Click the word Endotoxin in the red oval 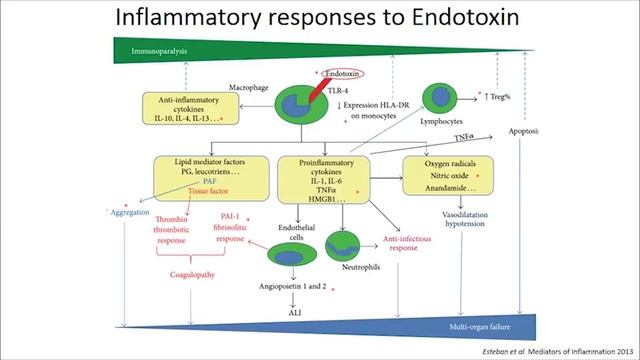click(x=343, y=73)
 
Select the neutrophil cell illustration click(x=345, y=245)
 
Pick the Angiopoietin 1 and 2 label click(x=291, y=288)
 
